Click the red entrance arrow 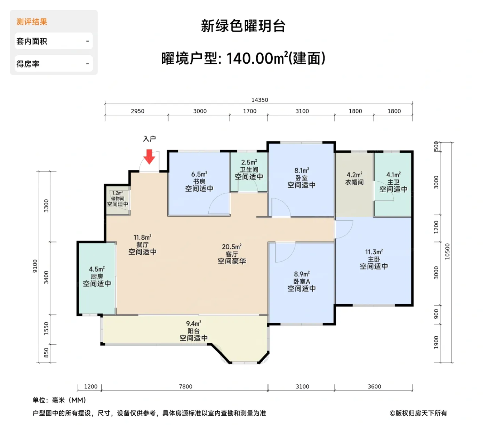coord(149,157)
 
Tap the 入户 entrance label coord(149,139)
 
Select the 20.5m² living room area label coord(232,247)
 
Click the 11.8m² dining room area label coord(142,238)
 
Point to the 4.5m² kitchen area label coord(97,269)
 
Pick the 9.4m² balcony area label coord(193,324)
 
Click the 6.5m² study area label coord(199,174)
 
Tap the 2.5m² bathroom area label coord(249,162)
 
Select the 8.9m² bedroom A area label coord(302,274)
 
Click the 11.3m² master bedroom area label coord(374,252)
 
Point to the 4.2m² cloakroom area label coord(354,175)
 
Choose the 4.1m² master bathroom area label coord(393,175)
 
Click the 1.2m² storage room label coord(118,193)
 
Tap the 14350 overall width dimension coord(260,100)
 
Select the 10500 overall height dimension coord(447,251)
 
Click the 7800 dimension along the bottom coord(185,386)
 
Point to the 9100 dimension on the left coord(35,266)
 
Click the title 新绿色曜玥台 coord(243,26)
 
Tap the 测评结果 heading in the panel coord(32,22)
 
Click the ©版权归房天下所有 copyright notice coord(418,413)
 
